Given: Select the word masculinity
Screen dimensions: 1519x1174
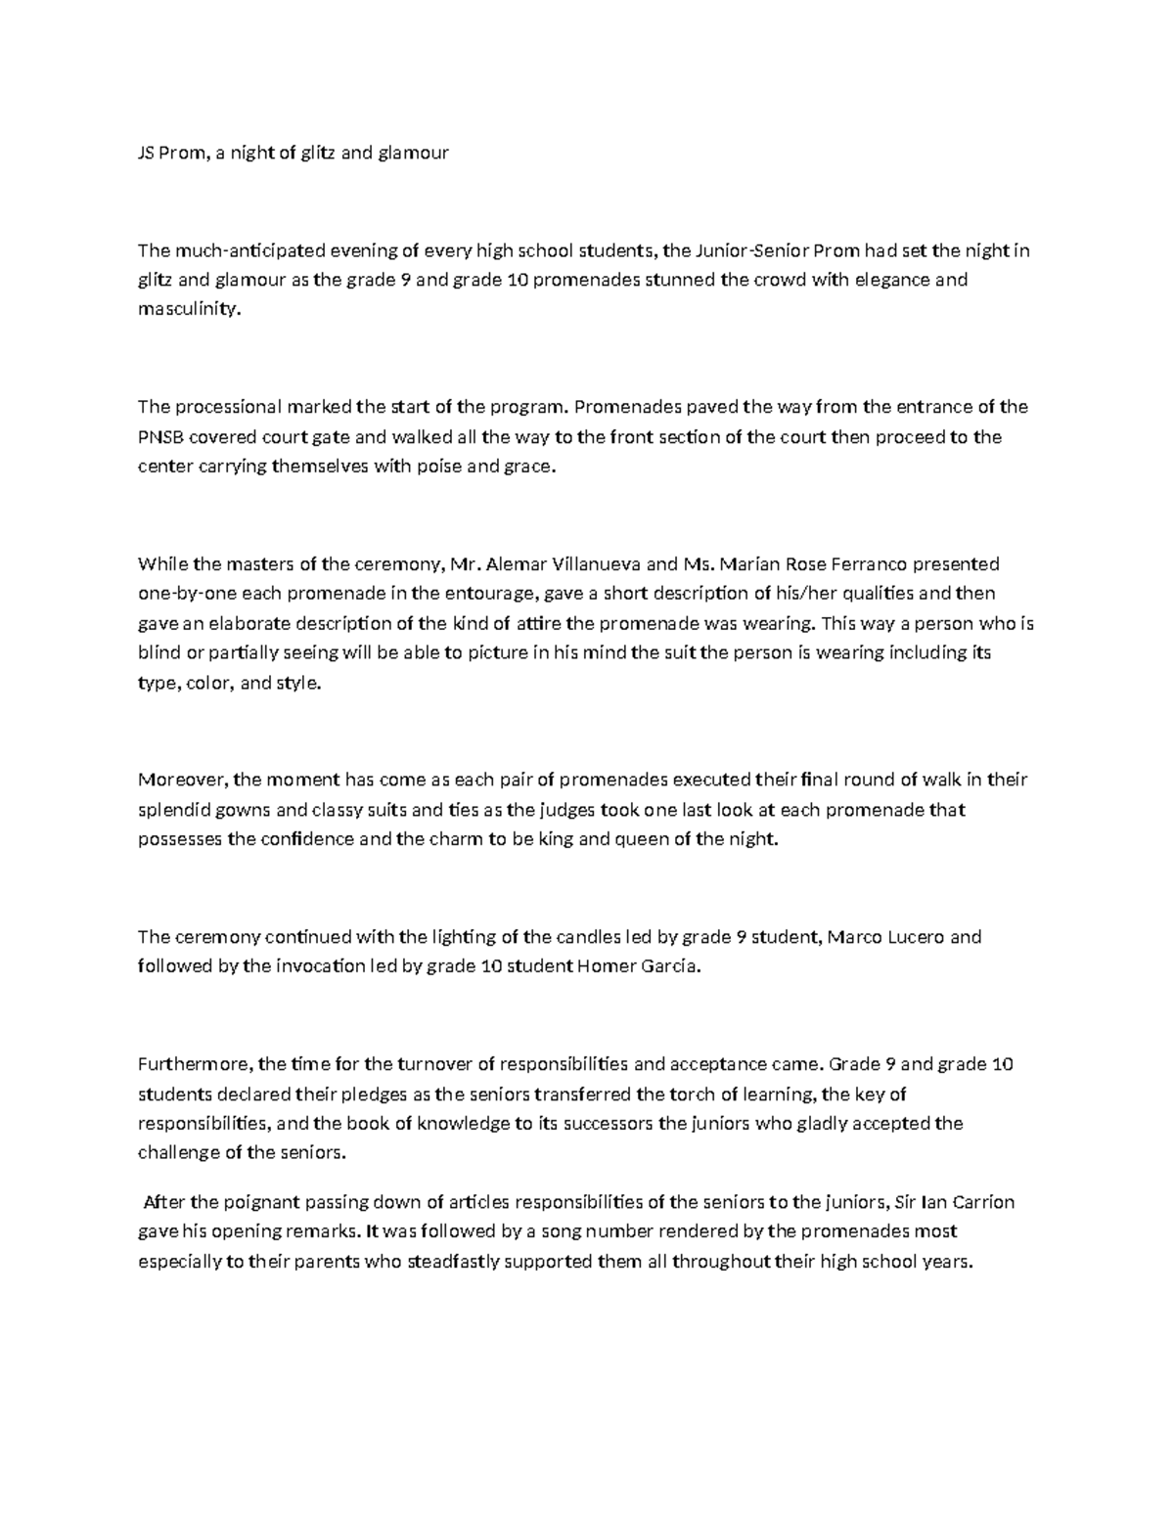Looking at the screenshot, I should pyautogui.click(x=187, y=310).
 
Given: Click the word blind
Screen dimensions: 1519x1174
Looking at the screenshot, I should pyautogui.click(x=157, y=653).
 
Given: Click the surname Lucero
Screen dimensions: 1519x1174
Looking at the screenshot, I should pyautogui.click(x=911, y=937).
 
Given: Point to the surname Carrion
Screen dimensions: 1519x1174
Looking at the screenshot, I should pyautogui.click(x=981, y=1202).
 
